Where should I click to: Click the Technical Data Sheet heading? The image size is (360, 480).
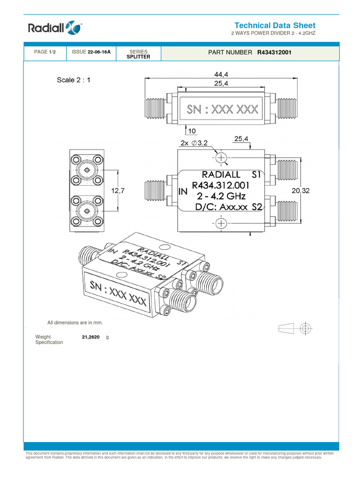275,26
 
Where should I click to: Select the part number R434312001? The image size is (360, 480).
274,53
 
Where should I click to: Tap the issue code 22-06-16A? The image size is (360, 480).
99,52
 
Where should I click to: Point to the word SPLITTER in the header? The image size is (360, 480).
138,57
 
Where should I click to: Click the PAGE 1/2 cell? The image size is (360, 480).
45,52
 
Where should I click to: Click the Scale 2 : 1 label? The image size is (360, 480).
74,80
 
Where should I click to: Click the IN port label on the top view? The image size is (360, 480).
183,192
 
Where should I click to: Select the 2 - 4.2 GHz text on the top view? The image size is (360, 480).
221,196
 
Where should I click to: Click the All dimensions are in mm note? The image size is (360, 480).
75,322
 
